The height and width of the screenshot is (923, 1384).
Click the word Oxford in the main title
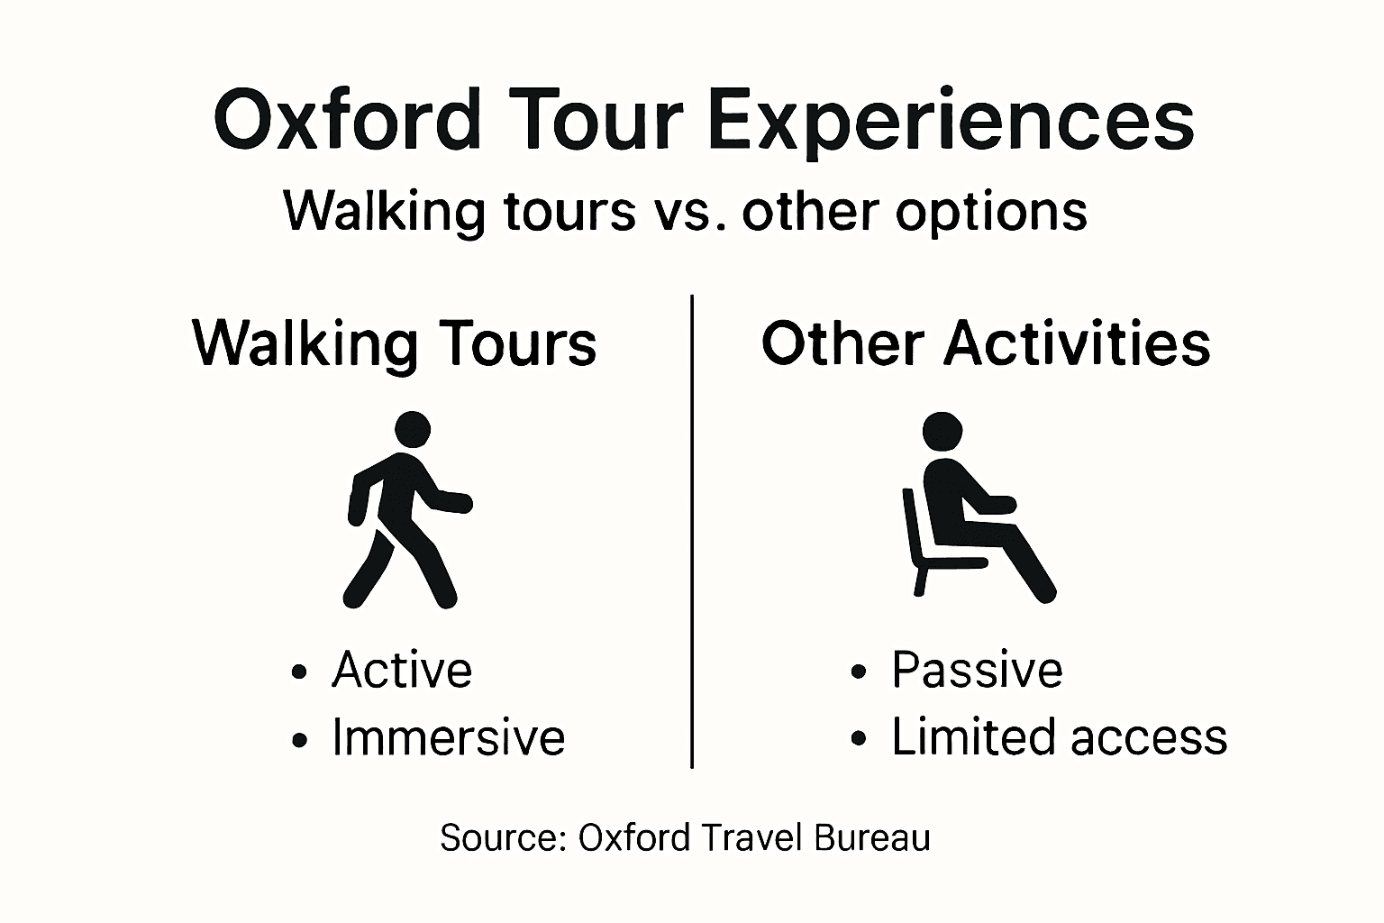[347, 121]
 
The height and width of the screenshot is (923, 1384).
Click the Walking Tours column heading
[395, 343]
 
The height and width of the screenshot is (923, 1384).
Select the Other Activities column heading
[986, 343]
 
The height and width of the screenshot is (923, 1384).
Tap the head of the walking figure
[413, 430]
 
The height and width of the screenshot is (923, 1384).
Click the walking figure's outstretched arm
[450, 500]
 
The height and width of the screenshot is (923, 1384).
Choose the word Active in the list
[402, 670]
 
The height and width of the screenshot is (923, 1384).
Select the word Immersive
[448, 737]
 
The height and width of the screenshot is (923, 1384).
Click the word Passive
[977, 670]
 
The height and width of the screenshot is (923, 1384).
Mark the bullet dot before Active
[300, 672]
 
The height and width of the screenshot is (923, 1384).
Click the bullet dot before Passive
[860, 672]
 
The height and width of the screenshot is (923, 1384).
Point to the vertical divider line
[691, 532]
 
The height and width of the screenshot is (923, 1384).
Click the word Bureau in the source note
[871, 837]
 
